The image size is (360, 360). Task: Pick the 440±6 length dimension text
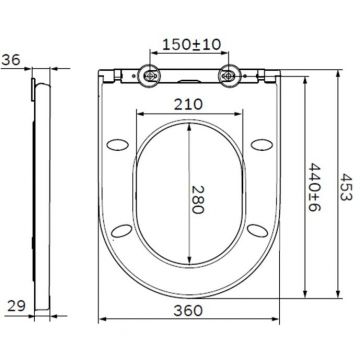(x=313, y=182)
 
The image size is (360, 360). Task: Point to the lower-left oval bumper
(x=122, y=231)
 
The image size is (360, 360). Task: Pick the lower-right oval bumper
(x=259, y=231)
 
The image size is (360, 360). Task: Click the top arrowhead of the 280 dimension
(x=190, y=124)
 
